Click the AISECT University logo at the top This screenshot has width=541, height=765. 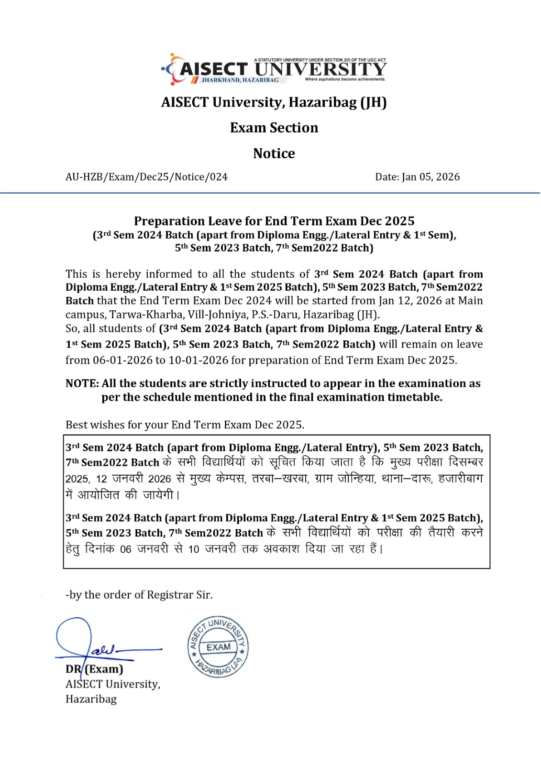[x=274, y=70]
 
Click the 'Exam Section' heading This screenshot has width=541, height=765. [x=274, y=128]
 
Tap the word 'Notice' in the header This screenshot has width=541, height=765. [x=274, y=153]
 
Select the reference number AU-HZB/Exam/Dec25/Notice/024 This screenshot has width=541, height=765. [x=146, y=177]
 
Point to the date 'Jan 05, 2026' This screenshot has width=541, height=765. [x=431, y=177]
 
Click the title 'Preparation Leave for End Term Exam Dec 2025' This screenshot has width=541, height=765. [x=274, y=221]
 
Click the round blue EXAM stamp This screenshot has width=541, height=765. [x=218, y=647]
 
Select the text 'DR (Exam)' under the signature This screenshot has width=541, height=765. [x=94, y=669]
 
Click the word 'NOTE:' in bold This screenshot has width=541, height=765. [x=82, y=383]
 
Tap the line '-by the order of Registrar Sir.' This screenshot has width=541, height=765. [x=139, y=595]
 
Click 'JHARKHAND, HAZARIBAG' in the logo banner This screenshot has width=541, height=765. [x=240, y=80]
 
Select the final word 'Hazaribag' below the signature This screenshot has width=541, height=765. [x=91, y=699]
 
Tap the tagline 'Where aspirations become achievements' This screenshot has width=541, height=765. [x=345, y=79]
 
